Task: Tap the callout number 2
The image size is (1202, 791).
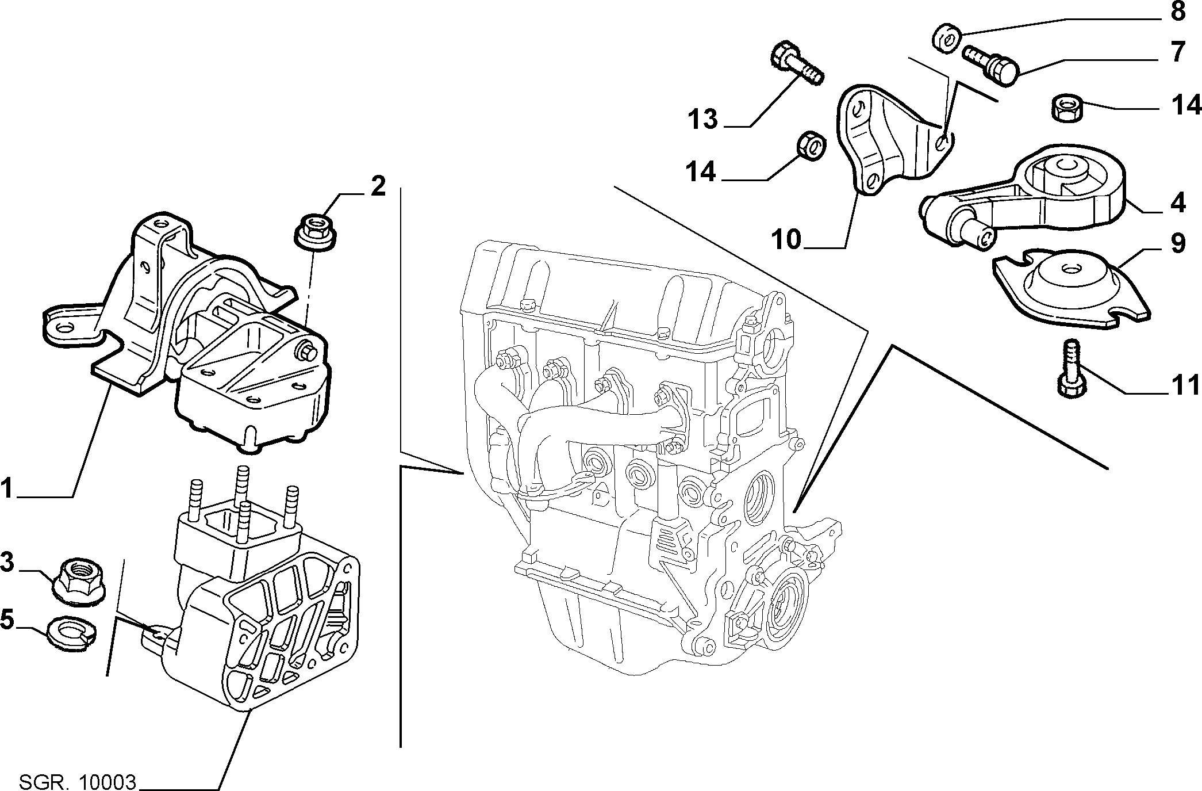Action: [x=377, y=187]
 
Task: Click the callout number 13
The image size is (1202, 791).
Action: [x=703, y=120]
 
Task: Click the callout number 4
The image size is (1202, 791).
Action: [x=1178, y=202]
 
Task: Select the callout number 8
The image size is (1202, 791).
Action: [x=1178, y=12]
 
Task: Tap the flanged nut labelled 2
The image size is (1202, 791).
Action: [x=316, y=231]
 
